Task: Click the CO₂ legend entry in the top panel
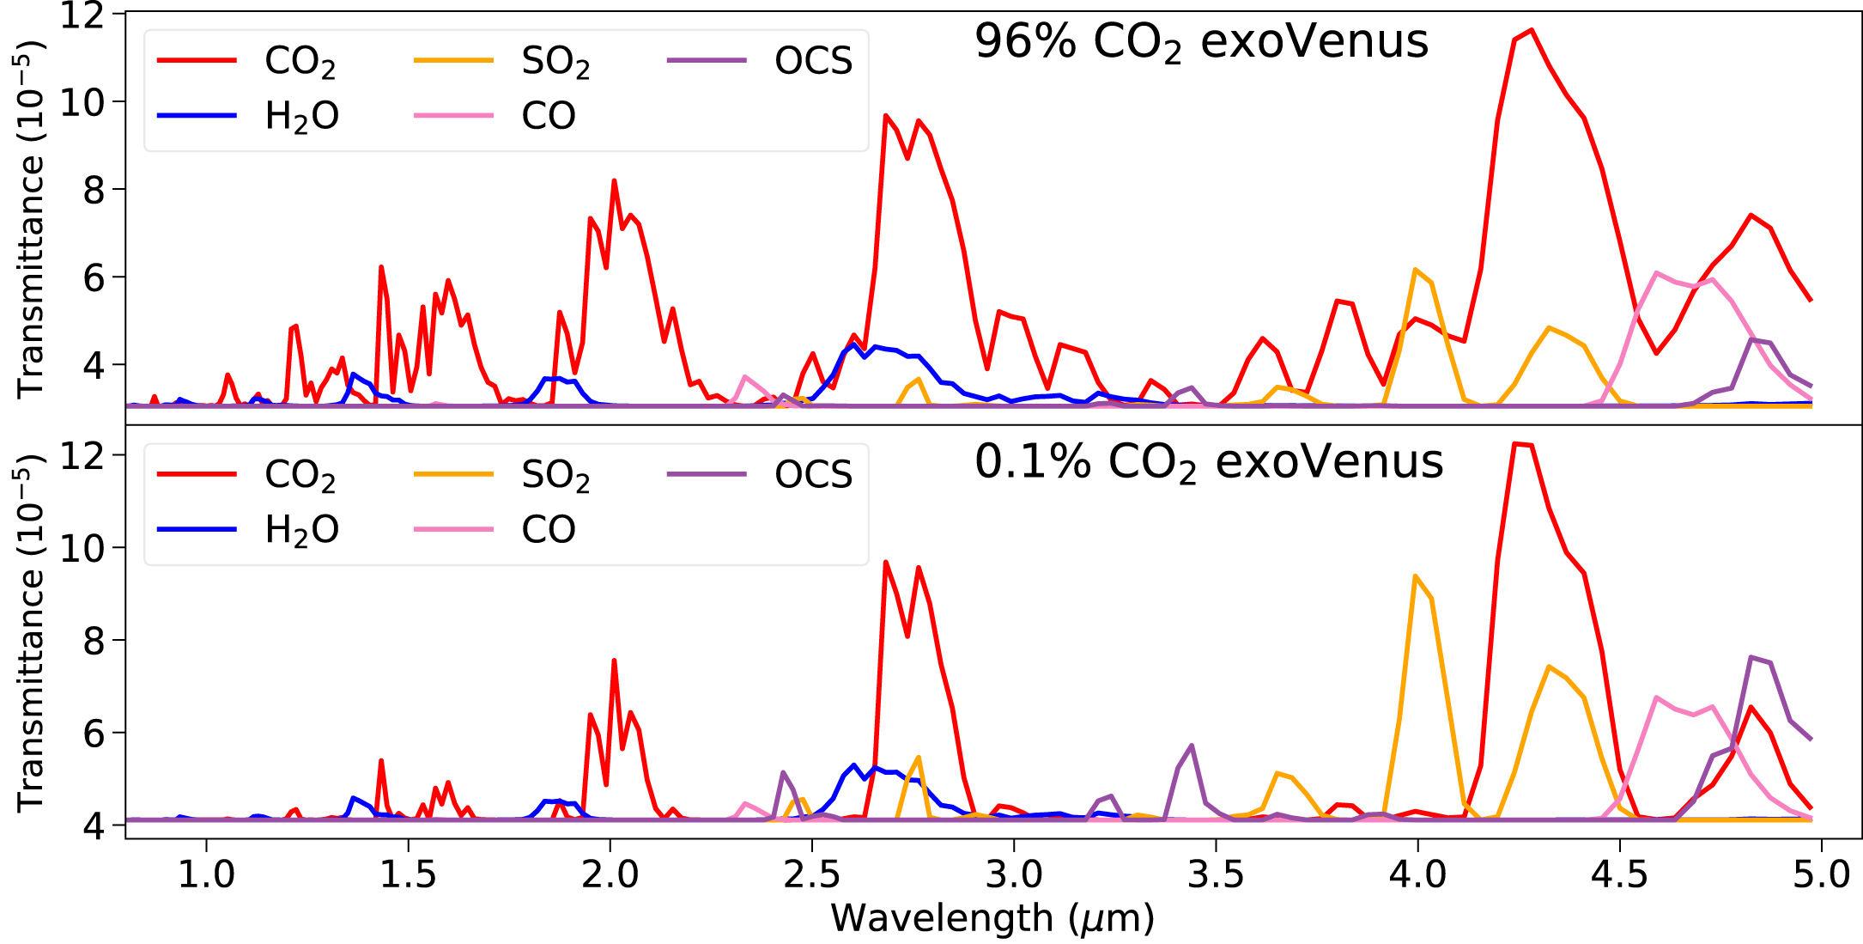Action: point(300,61)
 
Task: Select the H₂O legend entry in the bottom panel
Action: point(301,529)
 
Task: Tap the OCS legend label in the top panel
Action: point(813,61)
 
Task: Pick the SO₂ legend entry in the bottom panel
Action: point(555,475)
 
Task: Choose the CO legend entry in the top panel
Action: point(548,116)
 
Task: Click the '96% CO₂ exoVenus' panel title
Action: point(1201,41)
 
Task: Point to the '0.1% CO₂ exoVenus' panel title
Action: point(1209,462)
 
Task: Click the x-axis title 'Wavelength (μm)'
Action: point(992,917)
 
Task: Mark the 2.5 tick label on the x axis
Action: point(812,874)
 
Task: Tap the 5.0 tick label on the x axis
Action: point(1821,874)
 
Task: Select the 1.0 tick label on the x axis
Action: point(206,874)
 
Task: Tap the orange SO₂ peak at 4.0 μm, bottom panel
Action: point(1414,576)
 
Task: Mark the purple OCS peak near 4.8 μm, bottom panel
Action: point(1751,658)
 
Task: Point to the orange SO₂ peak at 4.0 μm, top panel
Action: point(1414,270)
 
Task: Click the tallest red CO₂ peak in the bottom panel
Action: point(1515,444)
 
